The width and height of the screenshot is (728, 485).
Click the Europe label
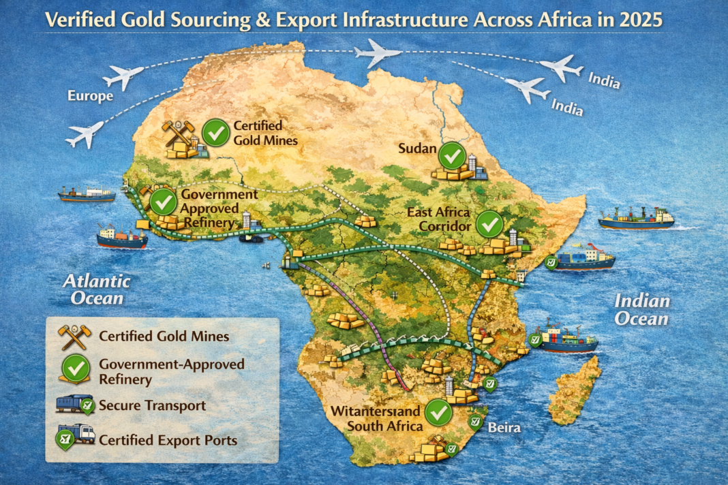[x=90, y=96]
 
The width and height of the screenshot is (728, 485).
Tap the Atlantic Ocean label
[x=97, y=288]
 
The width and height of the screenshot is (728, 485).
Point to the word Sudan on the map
[x=416, y=149]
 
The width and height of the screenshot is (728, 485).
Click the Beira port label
[x=504, y=428]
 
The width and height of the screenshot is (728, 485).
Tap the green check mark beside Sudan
[x=451, y=155]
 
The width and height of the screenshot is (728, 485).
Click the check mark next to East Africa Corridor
[x=489, y=224]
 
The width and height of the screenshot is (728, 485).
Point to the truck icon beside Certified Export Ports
[x=75, y=438]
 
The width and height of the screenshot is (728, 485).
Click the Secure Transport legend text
[x=151, y=405]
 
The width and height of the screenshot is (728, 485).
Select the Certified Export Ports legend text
[x=168, y=440]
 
